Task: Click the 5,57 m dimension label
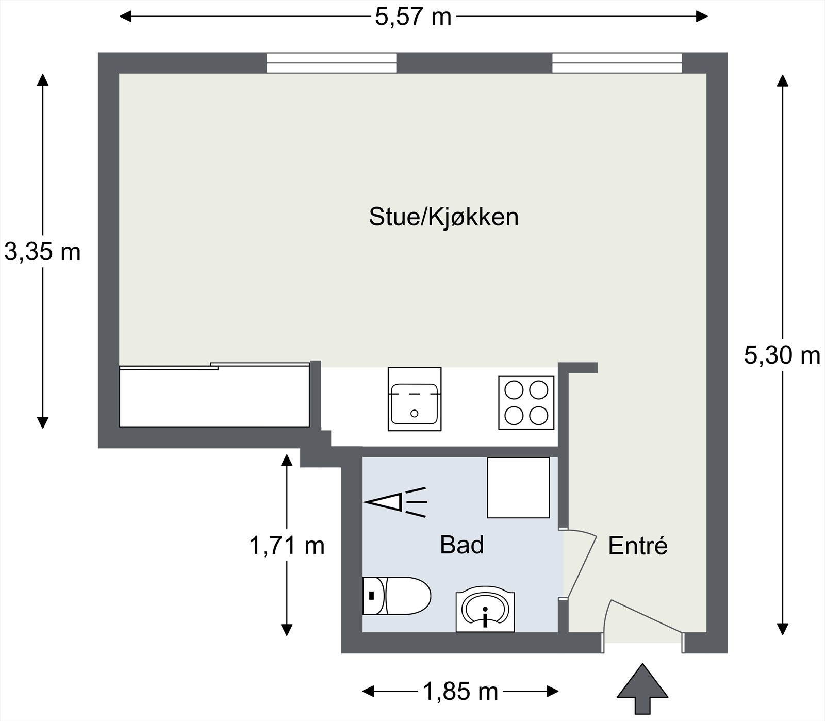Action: (412, 17)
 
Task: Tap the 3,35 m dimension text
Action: (42, 252)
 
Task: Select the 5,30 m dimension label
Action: (782, 355)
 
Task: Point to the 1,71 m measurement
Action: (287, 545)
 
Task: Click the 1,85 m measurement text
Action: (460, 691)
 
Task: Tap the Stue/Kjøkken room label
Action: (443, 217)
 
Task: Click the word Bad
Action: (461, 545)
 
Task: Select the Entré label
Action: (638, 546)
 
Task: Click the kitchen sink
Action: (415, 399)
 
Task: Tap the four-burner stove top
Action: (526, 402)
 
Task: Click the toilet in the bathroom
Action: (396, 596)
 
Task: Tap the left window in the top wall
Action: (331, 63)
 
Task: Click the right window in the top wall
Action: (617, 63)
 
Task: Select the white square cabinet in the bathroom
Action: (518, 487)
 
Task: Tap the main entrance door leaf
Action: (647, 616)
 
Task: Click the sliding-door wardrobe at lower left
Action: (214, 396)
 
